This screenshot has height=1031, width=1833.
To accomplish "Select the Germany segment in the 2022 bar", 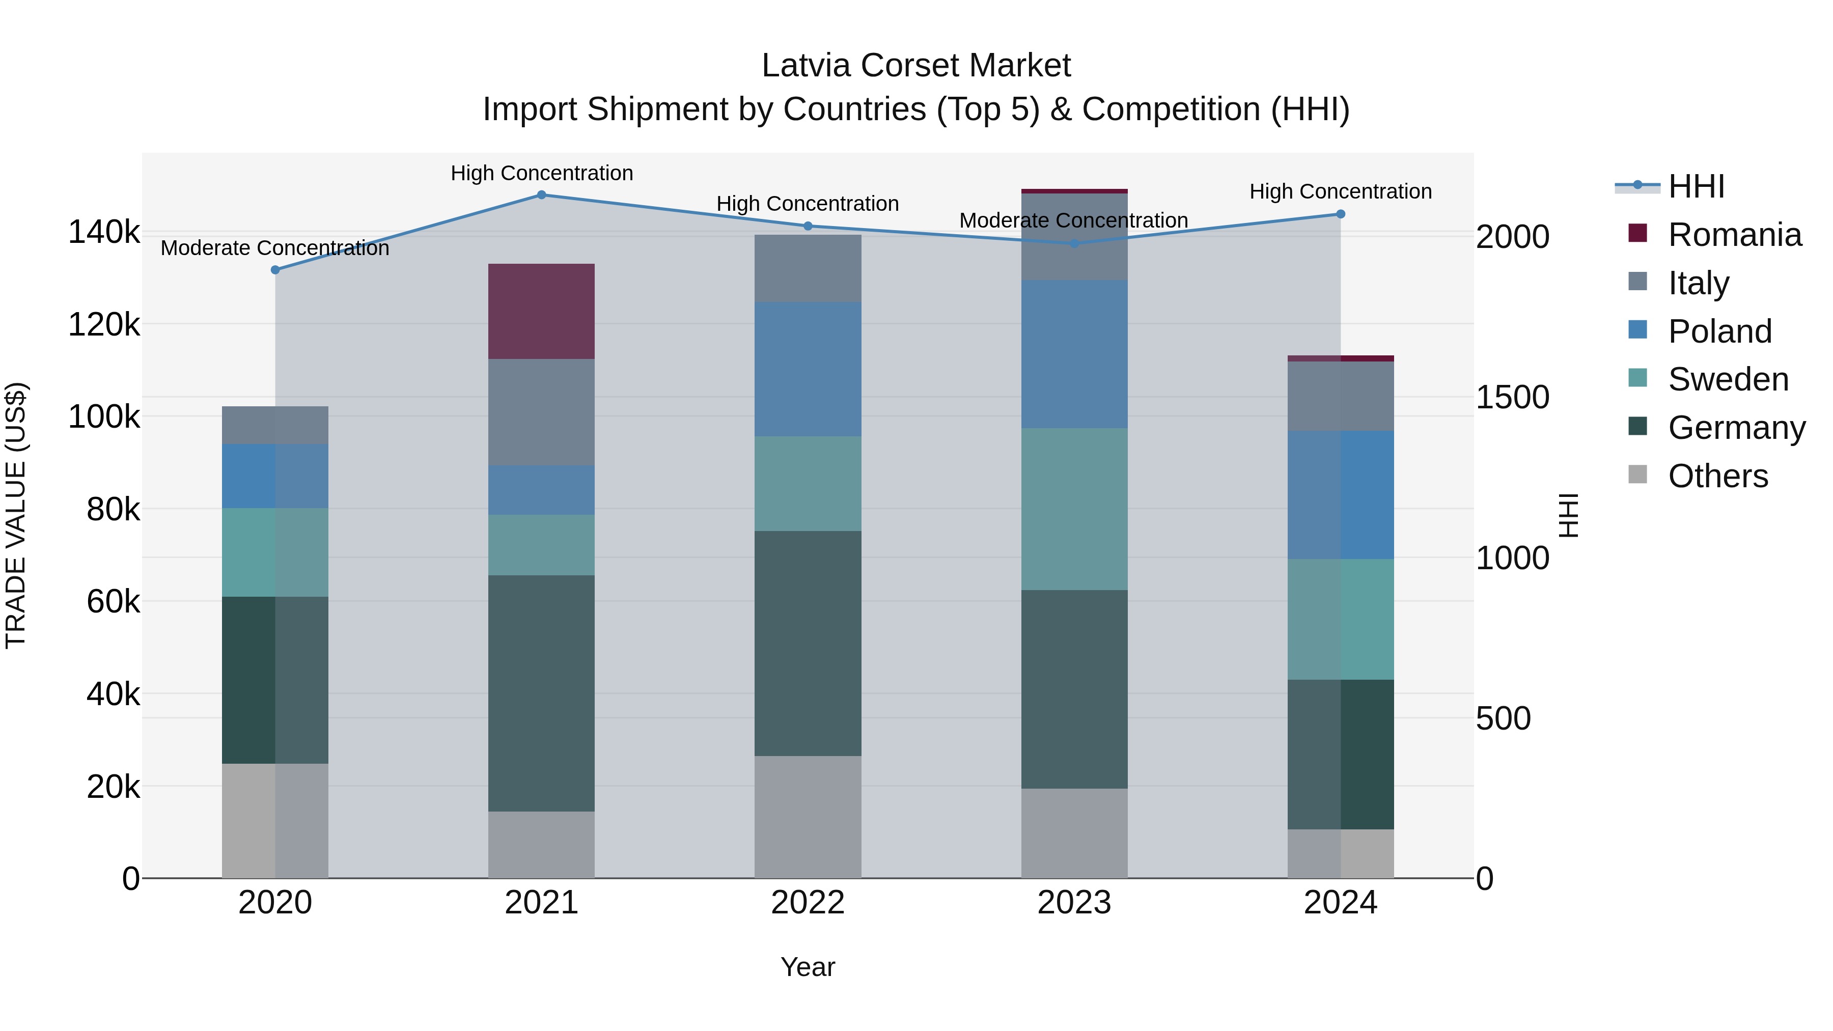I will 808,643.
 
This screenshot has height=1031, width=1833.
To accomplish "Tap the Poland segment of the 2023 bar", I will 1074,354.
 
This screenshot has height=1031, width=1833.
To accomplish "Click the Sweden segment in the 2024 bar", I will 1340,619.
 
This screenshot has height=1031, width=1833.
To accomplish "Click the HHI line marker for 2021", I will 542,195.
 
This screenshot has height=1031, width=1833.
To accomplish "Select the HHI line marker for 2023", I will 1074,243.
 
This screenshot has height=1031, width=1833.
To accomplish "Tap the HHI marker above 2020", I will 275,270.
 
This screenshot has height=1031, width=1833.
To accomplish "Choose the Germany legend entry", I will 1736,428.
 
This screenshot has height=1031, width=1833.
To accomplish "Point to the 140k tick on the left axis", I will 104,232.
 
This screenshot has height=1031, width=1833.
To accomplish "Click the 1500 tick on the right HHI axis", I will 1512,397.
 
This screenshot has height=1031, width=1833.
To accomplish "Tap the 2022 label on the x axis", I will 808,903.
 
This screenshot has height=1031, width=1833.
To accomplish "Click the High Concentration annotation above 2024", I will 1340,191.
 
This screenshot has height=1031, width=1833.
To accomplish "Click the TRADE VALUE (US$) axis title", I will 16,515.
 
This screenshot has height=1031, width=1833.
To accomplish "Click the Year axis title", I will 808,967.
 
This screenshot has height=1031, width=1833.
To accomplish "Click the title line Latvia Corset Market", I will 916,66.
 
